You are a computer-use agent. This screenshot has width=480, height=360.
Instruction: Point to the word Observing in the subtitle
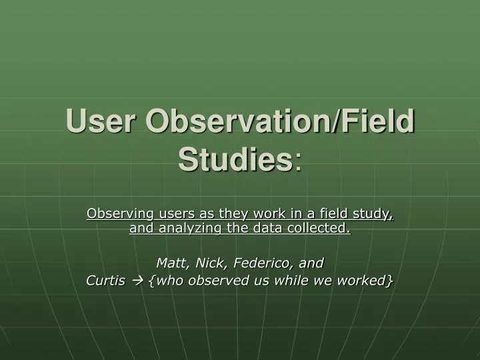tap(115, 214)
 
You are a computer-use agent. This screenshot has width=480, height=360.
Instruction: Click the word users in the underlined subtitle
tap(169, 214)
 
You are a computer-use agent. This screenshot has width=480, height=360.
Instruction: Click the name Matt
tap(169, 263)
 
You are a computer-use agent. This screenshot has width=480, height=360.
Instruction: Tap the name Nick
tap(205, 263)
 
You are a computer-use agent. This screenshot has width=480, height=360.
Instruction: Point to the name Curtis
tap(106, 281)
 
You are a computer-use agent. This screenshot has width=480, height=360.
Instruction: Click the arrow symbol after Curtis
tap(138, 281)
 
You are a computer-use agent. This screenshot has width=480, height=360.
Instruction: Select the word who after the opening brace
tap(167, 281)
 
